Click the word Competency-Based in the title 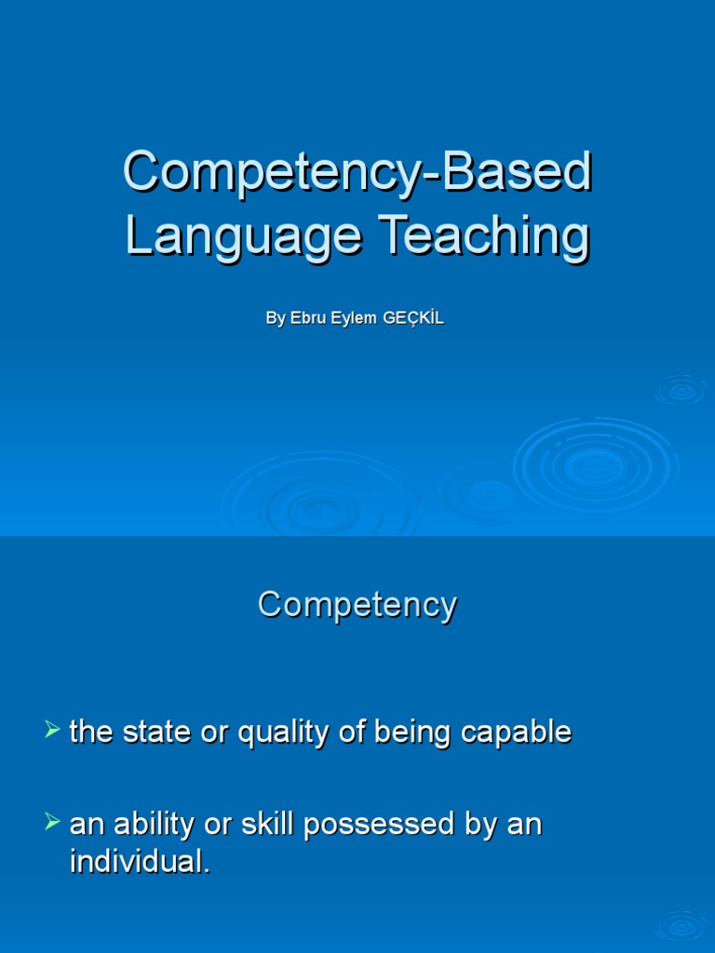pos(357,173)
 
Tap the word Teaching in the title pos(482,237)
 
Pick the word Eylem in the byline pos(353,318)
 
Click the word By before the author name pos(275,318)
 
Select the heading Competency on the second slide pos(357,605)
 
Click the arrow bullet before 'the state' pos(52,730)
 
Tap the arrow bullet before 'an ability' pos(52,822)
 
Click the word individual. pos(140,862)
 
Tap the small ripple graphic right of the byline pos(682,390)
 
